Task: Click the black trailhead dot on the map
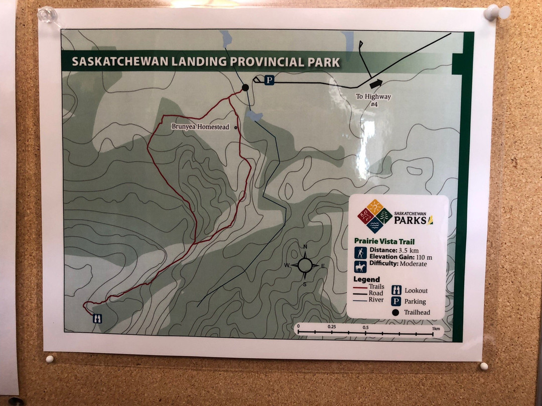(245, 87)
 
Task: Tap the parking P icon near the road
(269, 80)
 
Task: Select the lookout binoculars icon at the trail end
(97, 318)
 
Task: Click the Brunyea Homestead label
(200, 127)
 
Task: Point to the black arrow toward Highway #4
(375, 83)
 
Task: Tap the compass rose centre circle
(305, 265)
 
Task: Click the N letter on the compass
(305, 247)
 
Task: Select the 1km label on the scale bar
(436, 328)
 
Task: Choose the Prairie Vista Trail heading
(384, 241)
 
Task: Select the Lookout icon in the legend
(396, 290)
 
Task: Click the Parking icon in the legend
(396, 301)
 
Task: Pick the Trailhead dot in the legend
(396, 313)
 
